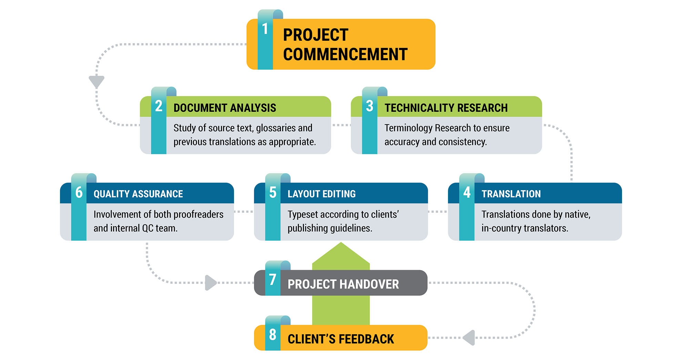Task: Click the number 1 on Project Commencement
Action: pos(265,29)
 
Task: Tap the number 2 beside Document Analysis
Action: pos(159,106)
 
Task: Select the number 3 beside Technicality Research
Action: pos(369,106)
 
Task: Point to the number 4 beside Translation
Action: pos(467,192)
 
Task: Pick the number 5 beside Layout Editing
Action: pos(273,192)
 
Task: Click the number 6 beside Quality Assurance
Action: pos(79,192)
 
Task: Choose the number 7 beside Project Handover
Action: pos(273,280)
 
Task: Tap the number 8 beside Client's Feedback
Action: pos(273,334)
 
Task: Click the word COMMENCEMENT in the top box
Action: pos(345,54)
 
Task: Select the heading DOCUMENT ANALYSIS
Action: pos(225,108)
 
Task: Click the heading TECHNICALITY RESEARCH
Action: pos(446,108)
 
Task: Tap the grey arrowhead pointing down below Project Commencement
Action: pos(96,81)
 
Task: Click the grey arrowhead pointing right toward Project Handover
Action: pos(211,283)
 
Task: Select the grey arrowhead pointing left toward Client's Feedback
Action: pos(469,338)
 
